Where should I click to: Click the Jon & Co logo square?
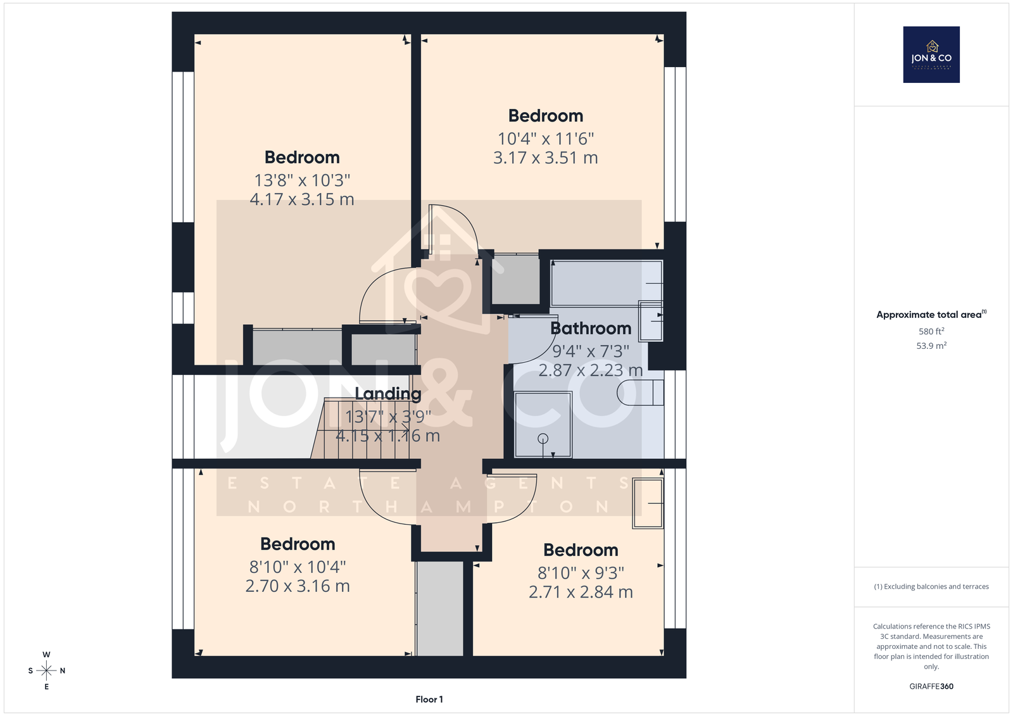point(931,54)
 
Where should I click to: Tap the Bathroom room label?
point(591,329)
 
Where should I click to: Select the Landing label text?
point(388,394)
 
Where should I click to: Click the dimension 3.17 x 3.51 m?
point(545,158)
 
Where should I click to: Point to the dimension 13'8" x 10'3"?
point(302,180)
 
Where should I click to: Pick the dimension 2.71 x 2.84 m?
point(581,592)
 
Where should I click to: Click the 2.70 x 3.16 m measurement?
point(298,586)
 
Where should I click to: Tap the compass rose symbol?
point(46,670)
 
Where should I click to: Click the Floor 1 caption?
point(429,700)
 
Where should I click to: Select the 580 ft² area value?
point(931,331)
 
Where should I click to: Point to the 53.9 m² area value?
point(931,346)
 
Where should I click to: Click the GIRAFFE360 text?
point(931,686)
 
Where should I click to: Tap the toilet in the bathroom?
point(640,393)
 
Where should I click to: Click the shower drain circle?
point(543,438)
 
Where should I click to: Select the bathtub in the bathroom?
point(607,283)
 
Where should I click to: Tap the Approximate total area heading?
point(931,315)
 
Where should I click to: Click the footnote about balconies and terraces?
point(931,587)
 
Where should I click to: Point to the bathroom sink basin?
point(650,321)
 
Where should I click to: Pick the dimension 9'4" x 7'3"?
point(591,351)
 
